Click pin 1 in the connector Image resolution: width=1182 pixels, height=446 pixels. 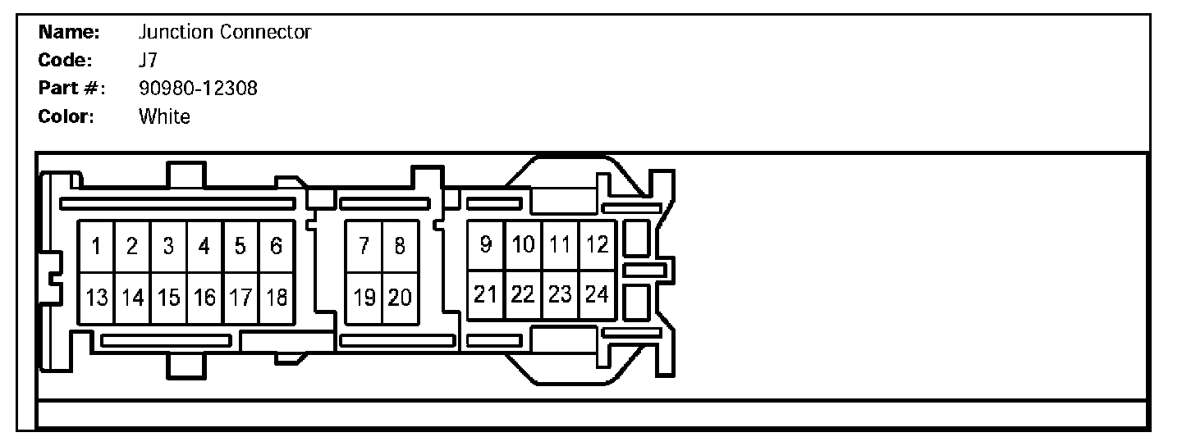click(96, 246)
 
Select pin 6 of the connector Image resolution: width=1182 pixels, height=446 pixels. click(276, 246)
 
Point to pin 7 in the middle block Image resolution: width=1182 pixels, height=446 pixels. click(364, 246)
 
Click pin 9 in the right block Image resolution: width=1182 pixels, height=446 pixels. click(486, 244)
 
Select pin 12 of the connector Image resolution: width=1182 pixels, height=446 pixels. click(597, 244)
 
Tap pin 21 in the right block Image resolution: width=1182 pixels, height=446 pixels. click(486, 294)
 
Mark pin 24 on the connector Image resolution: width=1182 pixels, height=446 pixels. click(597, 294)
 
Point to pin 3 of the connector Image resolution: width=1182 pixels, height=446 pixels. click(168, 246)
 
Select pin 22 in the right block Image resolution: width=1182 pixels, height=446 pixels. click(523, 294)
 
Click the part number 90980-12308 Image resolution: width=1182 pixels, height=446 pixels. click(198, 89)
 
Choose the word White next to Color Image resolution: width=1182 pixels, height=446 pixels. click(164, 116)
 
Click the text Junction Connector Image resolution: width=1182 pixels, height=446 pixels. click(225, 33)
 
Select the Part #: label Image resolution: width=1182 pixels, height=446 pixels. click(71, 89)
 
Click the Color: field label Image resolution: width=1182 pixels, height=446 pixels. click(66, 116)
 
